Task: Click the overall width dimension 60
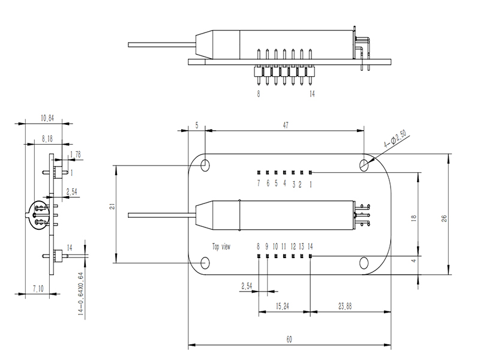289,340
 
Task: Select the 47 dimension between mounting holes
286,125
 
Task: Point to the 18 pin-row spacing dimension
413,220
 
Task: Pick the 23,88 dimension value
344,305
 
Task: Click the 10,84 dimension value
47,119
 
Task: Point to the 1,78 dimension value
76,155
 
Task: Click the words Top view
221,246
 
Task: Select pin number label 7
259,184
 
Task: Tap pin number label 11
284,246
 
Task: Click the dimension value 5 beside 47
196,125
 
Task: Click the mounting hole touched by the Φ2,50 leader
364,164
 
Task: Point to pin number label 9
267,246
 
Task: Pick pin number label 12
293,246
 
